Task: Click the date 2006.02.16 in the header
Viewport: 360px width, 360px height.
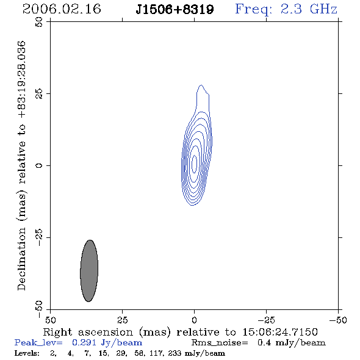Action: [x=62, y=9]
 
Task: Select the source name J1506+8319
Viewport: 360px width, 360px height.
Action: [x=175, y=9]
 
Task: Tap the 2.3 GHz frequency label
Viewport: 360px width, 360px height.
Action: [x=309, y=9]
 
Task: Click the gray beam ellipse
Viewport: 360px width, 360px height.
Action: [x=89, y=271]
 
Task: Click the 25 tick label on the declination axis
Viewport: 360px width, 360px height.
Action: [x=39, y=93]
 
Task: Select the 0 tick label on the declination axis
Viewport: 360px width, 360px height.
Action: [x=39, y=165]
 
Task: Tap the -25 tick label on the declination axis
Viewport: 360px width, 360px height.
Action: [x=39, y=237]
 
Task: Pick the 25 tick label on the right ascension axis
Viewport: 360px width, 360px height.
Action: [x=122, y=320]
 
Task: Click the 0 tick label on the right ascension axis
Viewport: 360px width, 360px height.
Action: [x=194, y=320]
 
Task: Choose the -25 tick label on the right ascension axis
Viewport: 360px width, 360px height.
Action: [x=266, y=320]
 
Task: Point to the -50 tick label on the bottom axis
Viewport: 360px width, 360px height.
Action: [x=338, y=320]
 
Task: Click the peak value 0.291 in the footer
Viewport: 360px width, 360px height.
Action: [x=84, y=342]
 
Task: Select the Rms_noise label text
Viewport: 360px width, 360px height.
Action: [x=220, y=343]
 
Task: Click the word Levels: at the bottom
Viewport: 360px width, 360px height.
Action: [x=27, y=353]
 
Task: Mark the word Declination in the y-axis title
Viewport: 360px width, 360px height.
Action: [x=21, y=259]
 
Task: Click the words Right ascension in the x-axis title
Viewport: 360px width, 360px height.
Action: [x=88, y=332]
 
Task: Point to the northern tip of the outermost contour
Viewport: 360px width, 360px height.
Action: [x=201, y=85]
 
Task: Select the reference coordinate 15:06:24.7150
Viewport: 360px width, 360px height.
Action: [x=280, y=332]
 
